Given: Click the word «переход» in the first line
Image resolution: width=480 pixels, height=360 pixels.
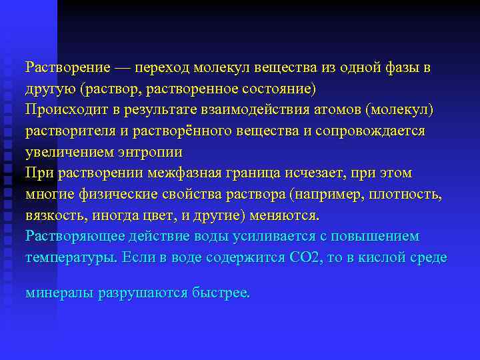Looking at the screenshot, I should coord(165,67).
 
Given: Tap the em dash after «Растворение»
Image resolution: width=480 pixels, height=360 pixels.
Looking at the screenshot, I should coord(123,67).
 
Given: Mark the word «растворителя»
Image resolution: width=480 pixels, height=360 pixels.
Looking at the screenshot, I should coord(62,131).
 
